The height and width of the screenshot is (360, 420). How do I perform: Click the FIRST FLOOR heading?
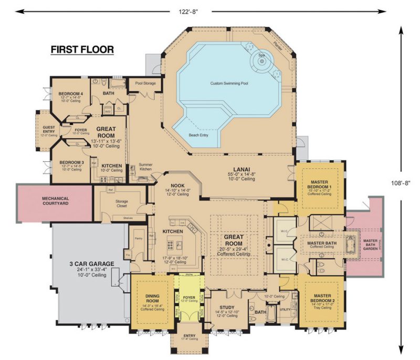[82, 50]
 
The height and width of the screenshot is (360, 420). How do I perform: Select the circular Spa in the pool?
[262, 61]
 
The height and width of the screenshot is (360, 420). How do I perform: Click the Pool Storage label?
[145, 83]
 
